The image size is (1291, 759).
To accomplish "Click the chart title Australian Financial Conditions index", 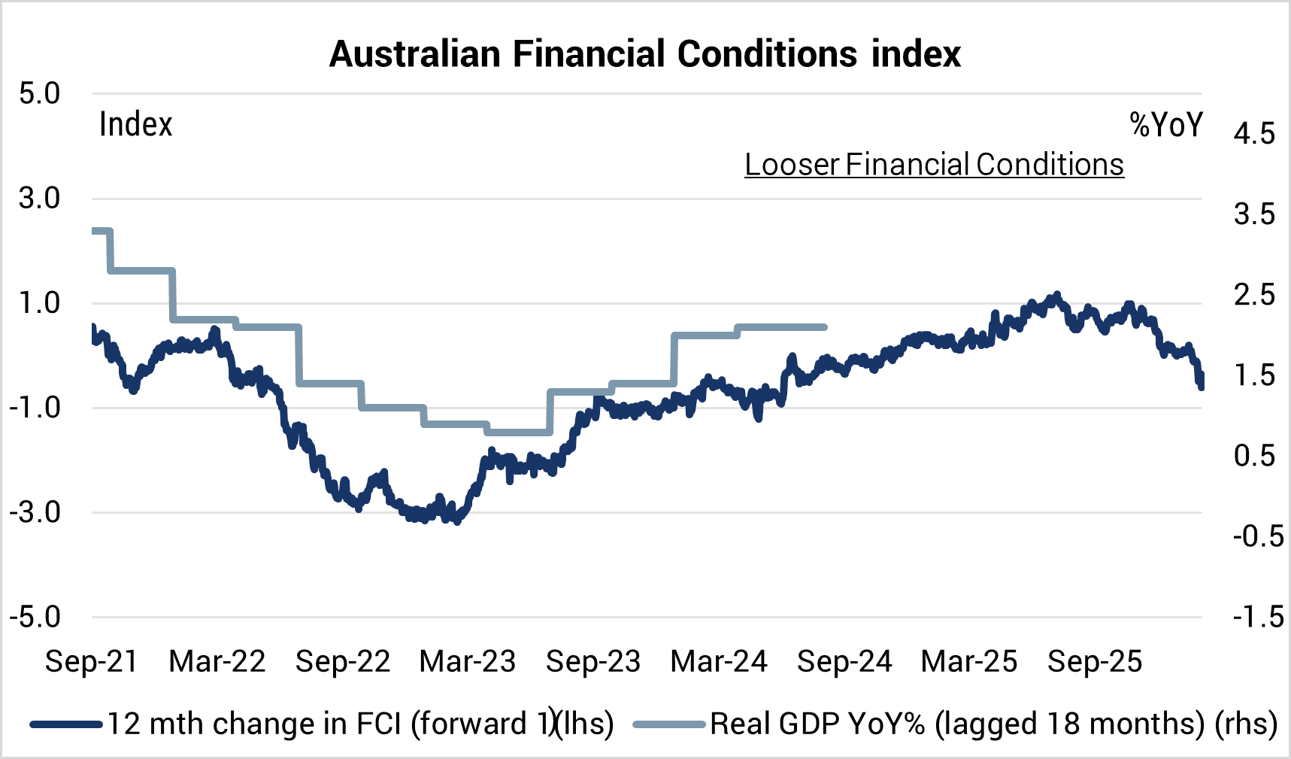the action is click(x=645, y=54).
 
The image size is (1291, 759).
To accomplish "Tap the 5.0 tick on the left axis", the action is click(x=40, y=94).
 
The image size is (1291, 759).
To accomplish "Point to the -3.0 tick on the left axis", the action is click(x=35, y=512).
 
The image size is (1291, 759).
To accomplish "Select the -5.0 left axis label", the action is click(x=35, y=617).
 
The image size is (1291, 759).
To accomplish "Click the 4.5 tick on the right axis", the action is click(x=1254, y=134).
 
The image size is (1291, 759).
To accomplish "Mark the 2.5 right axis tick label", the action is click(x=1254, y=295).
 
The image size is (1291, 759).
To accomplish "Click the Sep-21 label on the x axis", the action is click(x=92, y=661).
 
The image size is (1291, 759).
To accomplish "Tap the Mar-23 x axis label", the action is click(x=468, y=661).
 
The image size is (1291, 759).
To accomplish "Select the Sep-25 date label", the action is click(x=1095, y=661).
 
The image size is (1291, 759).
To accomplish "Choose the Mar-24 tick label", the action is click(x=719, y=661).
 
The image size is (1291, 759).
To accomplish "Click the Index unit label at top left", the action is click(x=136, y=125).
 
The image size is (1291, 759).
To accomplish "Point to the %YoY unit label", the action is click(x=1166, y=125).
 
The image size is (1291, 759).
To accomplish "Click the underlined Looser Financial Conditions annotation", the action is click(x=934, y=165).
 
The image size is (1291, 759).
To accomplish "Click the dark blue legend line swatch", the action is click(x=66, y=724).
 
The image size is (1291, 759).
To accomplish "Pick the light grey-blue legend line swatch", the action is click(x=670, y=724).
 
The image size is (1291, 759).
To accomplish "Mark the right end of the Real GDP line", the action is click(x=826, y=327).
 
